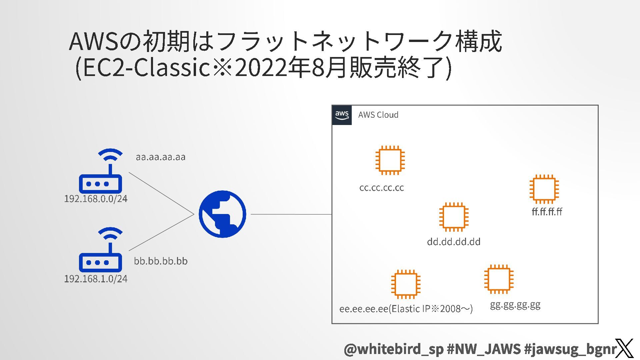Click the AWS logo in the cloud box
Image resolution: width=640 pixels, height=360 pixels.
click(342, 115)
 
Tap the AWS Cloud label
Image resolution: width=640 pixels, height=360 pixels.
click(378, 115)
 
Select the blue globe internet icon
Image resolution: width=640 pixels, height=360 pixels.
click(222, 214)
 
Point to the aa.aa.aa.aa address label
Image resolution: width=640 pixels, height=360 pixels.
click(160, 157)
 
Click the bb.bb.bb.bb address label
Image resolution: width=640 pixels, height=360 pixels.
click(161, 261)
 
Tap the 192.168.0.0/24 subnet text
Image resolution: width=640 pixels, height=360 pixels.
click(96, 199)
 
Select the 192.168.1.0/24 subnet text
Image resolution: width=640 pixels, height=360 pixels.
click(96, 279)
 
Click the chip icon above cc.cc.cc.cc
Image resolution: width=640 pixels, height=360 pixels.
click(390, 160)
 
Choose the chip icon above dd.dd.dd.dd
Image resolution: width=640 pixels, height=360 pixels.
click(454, 217)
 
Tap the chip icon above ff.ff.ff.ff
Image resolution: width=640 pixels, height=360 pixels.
click(544, 189)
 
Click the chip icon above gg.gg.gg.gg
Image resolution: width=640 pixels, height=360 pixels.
click(499, 279)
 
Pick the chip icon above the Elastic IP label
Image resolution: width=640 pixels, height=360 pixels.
click(406, 284)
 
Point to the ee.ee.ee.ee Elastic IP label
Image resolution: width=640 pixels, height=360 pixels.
click(406, 309)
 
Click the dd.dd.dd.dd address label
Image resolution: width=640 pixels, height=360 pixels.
click(454, 242)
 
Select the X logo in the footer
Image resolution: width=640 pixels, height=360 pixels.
click(624, 348)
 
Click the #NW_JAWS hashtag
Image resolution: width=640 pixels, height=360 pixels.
click(483, 349)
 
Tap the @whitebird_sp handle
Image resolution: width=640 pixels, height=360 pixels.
click(393, 349)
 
